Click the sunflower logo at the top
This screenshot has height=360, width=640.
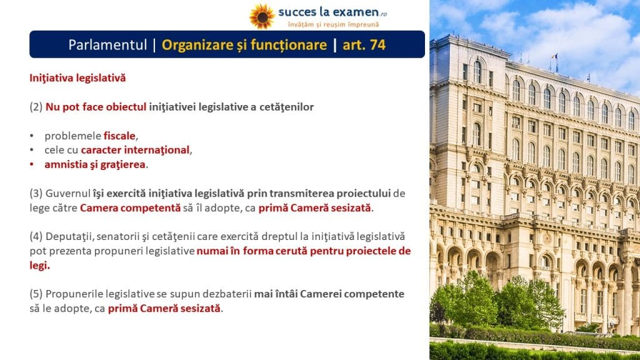click(262, 16)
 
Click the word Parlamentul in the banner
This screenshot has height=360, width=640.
click(107, 45)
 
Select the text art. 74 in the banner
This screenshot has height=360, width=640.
click(364, 45)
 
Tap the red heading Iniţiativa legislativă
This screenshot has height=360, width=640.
click(77, 78)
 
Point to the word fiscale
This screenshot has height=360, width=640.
click(119, 136)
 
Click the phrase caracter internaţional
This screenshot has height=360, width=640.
click(135, 150)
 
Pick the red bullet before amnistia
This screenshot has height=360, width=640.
click(32, 164)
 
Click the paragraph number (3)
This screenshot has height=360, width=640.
click(36, 194)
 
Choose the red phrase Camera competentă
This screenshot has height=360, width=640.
click(130, 207)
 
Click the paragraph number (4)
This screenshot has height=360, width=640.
click(36, 236)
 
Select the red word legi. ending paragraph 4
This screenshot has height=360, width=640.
click(39, 265)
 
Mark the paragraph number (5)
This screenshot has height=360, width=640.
click(36, 294)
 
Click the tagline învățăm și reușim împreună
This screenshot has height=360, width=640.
click(334, 24)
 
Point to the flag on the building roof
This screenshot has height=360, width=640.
click(555, 57)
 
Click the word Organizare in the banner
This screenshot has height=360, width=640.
click(197, 45)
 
